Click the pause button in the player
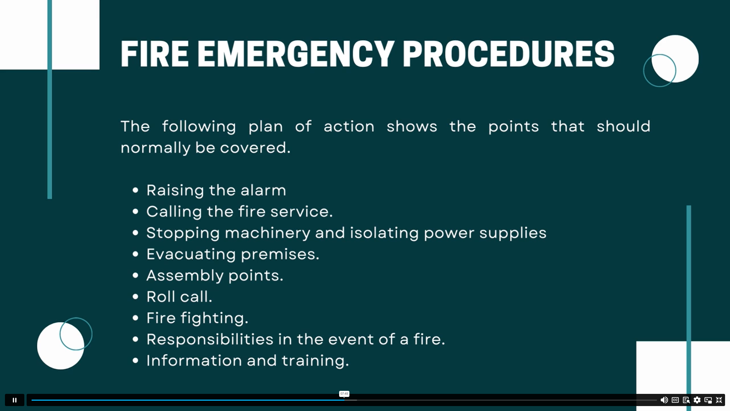click(14, 400)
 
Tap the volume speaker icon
click(664, 400)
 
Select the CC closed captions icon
click(675, 400)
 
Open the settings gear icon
click(697, 400)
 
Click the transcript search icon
click(686, 400)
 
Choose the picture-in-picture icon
click(708, 400)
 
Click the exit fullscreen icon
click(719, 400)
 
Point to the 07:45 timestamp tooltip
click(344, 394)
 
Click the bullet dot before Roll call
click(135, 296)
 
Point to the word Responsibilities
click(210, 339)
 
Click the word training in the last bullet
click(315, 361)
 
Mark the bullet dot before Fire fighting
click(135, 318)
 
